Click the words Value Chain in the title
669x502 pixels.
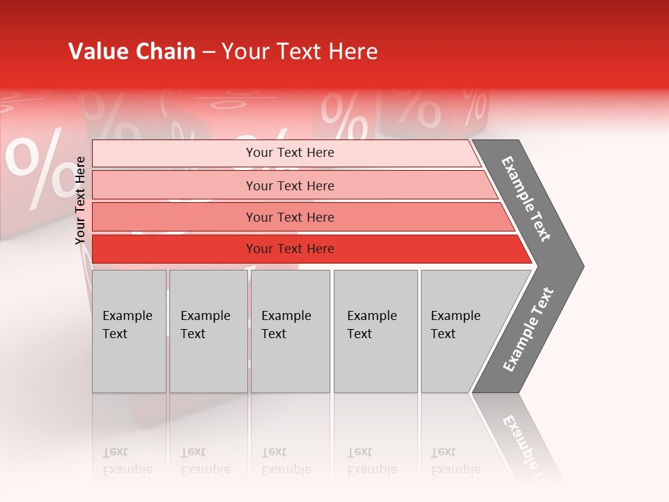(x=132, y=52)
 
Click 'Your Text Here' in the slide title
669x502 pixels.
(x=300, y=52)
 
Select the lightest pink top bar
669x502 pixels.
(x=174, y=153)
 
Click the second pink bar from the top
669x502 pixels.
(x=174, y=185)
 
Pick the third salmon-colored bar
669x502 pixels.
(x=174, y=217)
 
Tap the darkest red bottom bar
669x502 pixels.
(x=174, y=249)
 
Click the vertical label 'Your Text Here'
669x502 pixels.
(x=81, y=201)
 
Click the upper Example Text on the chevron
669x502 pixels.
(x=526, y=199)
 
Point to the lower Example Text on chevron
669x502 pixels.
(x=528, y=330)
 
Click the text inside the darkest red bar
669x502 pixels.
(x=290, y=249)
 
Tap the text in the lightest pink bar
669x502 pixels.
(x=290, y=153)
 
